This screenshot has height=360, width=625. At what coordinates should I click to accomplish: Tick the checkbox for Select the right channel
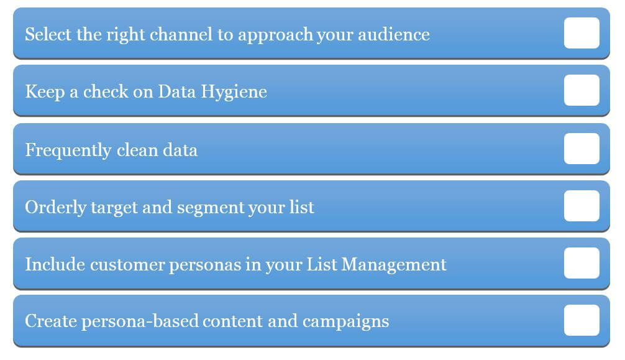pos(582,33)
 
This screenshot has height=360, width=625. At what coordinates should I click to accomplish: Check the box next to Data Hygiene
pos(582,90)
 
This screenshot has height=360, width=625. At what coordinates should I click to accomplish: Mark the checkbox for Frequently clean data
pos(582,149)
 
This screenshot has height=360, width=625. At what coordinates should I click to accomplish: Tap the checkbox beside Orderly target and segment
pos(582,206)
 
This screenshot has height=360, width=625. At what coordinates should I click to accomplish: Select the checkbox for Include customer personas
pos(582,263)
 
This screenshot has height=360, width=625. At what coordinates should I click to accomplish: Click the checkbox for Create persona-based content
pos(582,320)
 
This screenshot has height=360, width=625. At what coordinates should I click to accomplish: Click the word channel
pos(181,34)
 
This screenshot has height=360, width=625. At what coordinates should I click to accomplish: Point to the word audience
pos(394,34)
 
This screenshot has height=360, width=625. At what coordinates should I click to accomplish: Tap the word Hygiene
pos(234,92)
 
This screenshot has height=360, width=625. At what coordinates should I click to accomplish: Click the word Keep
pos(45,92)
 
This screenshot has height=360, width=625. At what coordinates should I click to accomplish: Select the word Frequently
pos(68,150)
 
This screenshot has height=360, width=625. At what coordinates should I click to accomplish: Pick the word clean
pos(137,150)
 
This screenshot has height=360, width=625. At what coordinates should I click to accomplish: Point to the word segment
pos(211,208)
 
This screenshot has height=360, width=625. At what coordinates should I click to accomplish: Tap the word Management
pos(395,265)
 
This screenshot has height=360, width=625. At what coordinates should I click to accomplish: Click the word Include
pos(55,264)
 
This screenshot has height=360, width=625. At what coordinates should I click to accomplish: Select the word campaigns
pos(345,322)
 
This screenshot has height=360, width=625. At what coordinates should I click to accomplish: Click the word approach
pos(275,35)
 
